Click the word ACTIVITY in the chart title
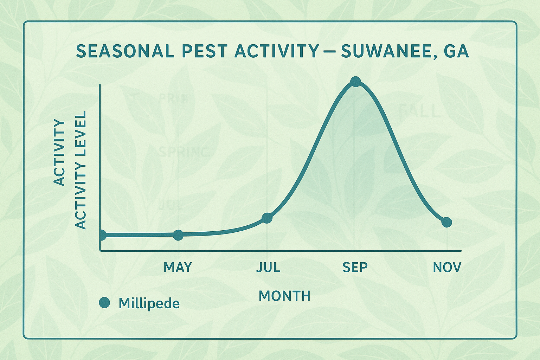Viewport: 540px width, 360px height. pos(277,51)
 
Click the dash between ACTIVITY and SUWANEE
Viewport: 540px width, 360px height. pos(329,52)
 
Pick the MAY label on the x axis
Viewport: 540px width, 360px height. pos(178,268)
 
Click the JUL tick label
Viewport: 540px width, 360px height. pos(268,268)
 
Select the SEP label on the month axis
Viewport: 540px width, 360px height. pos(355,268)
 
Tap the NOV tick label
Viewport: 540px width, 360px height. pos(447,268)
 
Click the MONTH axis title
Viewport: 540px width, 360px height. pos(284,296)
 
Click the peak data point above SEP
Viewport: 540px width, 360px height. pos(356,82)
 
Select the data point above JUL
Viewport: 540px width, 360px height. pos(267,218)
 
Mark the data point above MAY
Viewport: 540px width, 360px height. pos(178,235)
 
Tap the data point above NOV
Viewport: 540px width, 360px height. pos(446,222)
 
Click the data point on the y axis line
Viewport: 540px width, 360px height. pos(102,235)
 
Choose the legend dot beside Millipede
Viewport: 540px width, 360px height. pos(104,303)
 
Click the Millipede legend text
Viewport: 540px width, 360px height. pos(149,303)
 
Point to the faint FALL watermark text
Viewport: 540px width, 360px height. pos(419,112)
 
